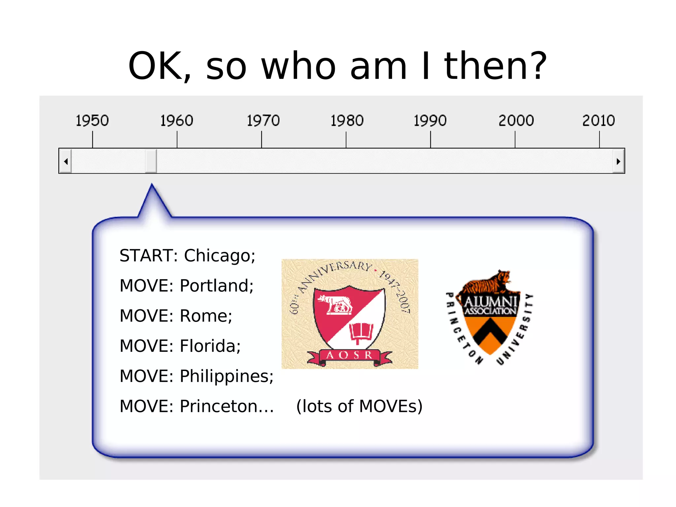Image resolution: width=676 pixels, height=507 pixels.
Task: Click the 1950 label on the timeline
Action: [92, 120]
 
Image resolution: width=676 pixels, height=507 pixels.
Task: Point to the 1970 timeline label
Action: [263, 120]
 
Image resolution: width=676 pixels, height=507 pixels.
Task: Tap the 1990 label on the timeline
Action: [430, 120]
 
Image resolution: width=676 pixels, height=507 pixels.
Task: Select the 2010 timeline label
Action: [598, 120]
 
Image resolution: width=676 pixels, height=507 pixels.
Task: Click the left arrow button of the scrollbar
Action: [66, 161]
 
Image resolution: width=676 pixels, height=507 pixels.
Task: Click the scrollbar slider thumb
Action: [151, 161]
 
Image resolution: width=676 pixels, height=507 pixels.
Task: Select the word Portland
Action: [216, 286]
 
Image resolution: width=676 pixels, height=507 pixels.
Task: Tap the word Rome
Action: [206, 316]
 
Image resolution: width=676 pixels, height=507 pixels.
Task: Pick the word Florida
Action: [210, 346]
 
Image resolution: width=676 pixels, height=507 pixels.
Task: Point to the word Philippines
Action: [226, 376]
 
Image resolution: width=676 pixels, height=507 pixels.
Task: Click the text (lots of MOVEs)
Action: [359, 406]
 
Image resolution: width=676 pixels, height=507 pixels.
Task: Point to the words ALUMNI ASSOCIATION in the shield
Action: [490, 305]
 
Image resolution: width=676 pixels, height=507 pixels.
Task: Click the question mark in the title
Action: [537, 66]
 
